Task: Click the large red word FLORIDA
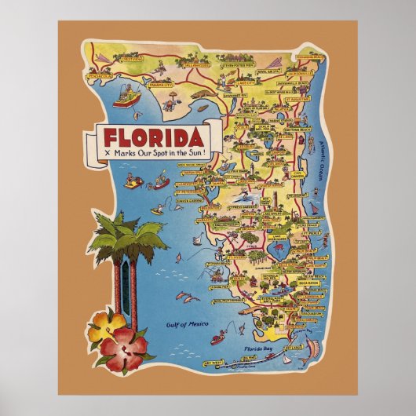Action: click(x=150, y=133)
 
